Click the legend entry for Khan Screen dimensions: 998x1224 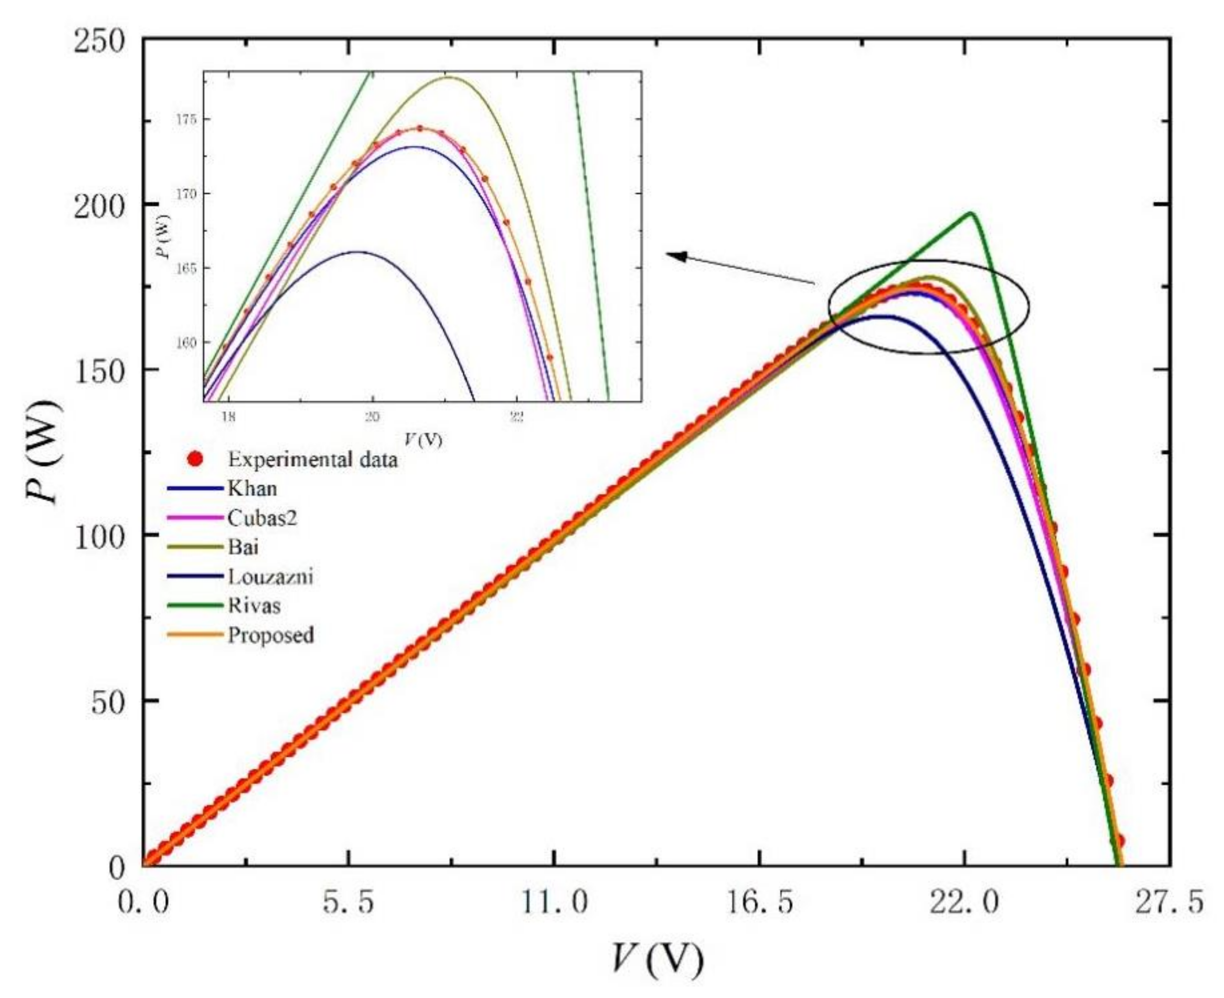tap(252, 488)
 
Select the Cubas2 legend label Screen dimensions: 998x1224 tap(262, 518)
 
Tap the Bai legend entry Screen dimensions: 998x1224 tap(243, 547)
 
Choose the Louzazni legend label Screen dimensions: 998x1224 tap(270, 576)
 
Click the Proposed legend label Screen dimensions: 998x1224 tap(271, 635)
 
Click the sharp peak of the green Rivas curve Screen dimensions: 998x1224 tap(971, 213)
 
